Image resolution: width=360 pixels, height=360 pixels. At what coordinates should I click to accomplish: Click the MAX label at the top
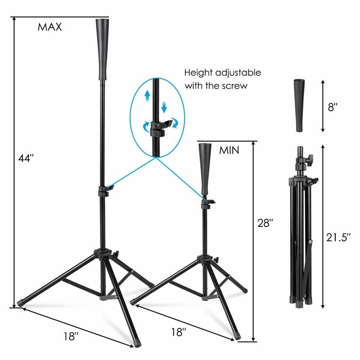pyautogui.click(x=49, y=27)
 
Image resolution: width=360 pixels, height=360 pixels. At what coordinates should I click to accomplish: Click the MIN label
pyautogui.click(x=229, y=150)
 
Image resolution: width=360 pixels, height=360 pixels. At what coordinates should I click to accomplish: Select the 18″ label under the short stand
pyautogui.click(x=178, y=333)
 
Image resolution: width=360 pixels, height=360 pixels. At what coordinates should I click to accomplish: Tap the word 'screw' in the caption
pyautogui.click(x=235, y=85)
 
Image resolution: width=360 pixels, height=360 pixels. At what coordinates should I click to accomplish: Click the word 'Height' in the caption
pyautogui.click(x=198, y=72)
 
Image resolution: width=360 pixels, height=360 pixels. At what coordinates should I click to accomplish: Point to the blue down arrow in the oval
pyautogui.click(x=164, y=107)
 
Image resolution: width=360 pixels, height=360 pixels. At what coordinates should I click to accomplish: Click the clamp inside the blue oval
pyautogui.click(x=157, y=128)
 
